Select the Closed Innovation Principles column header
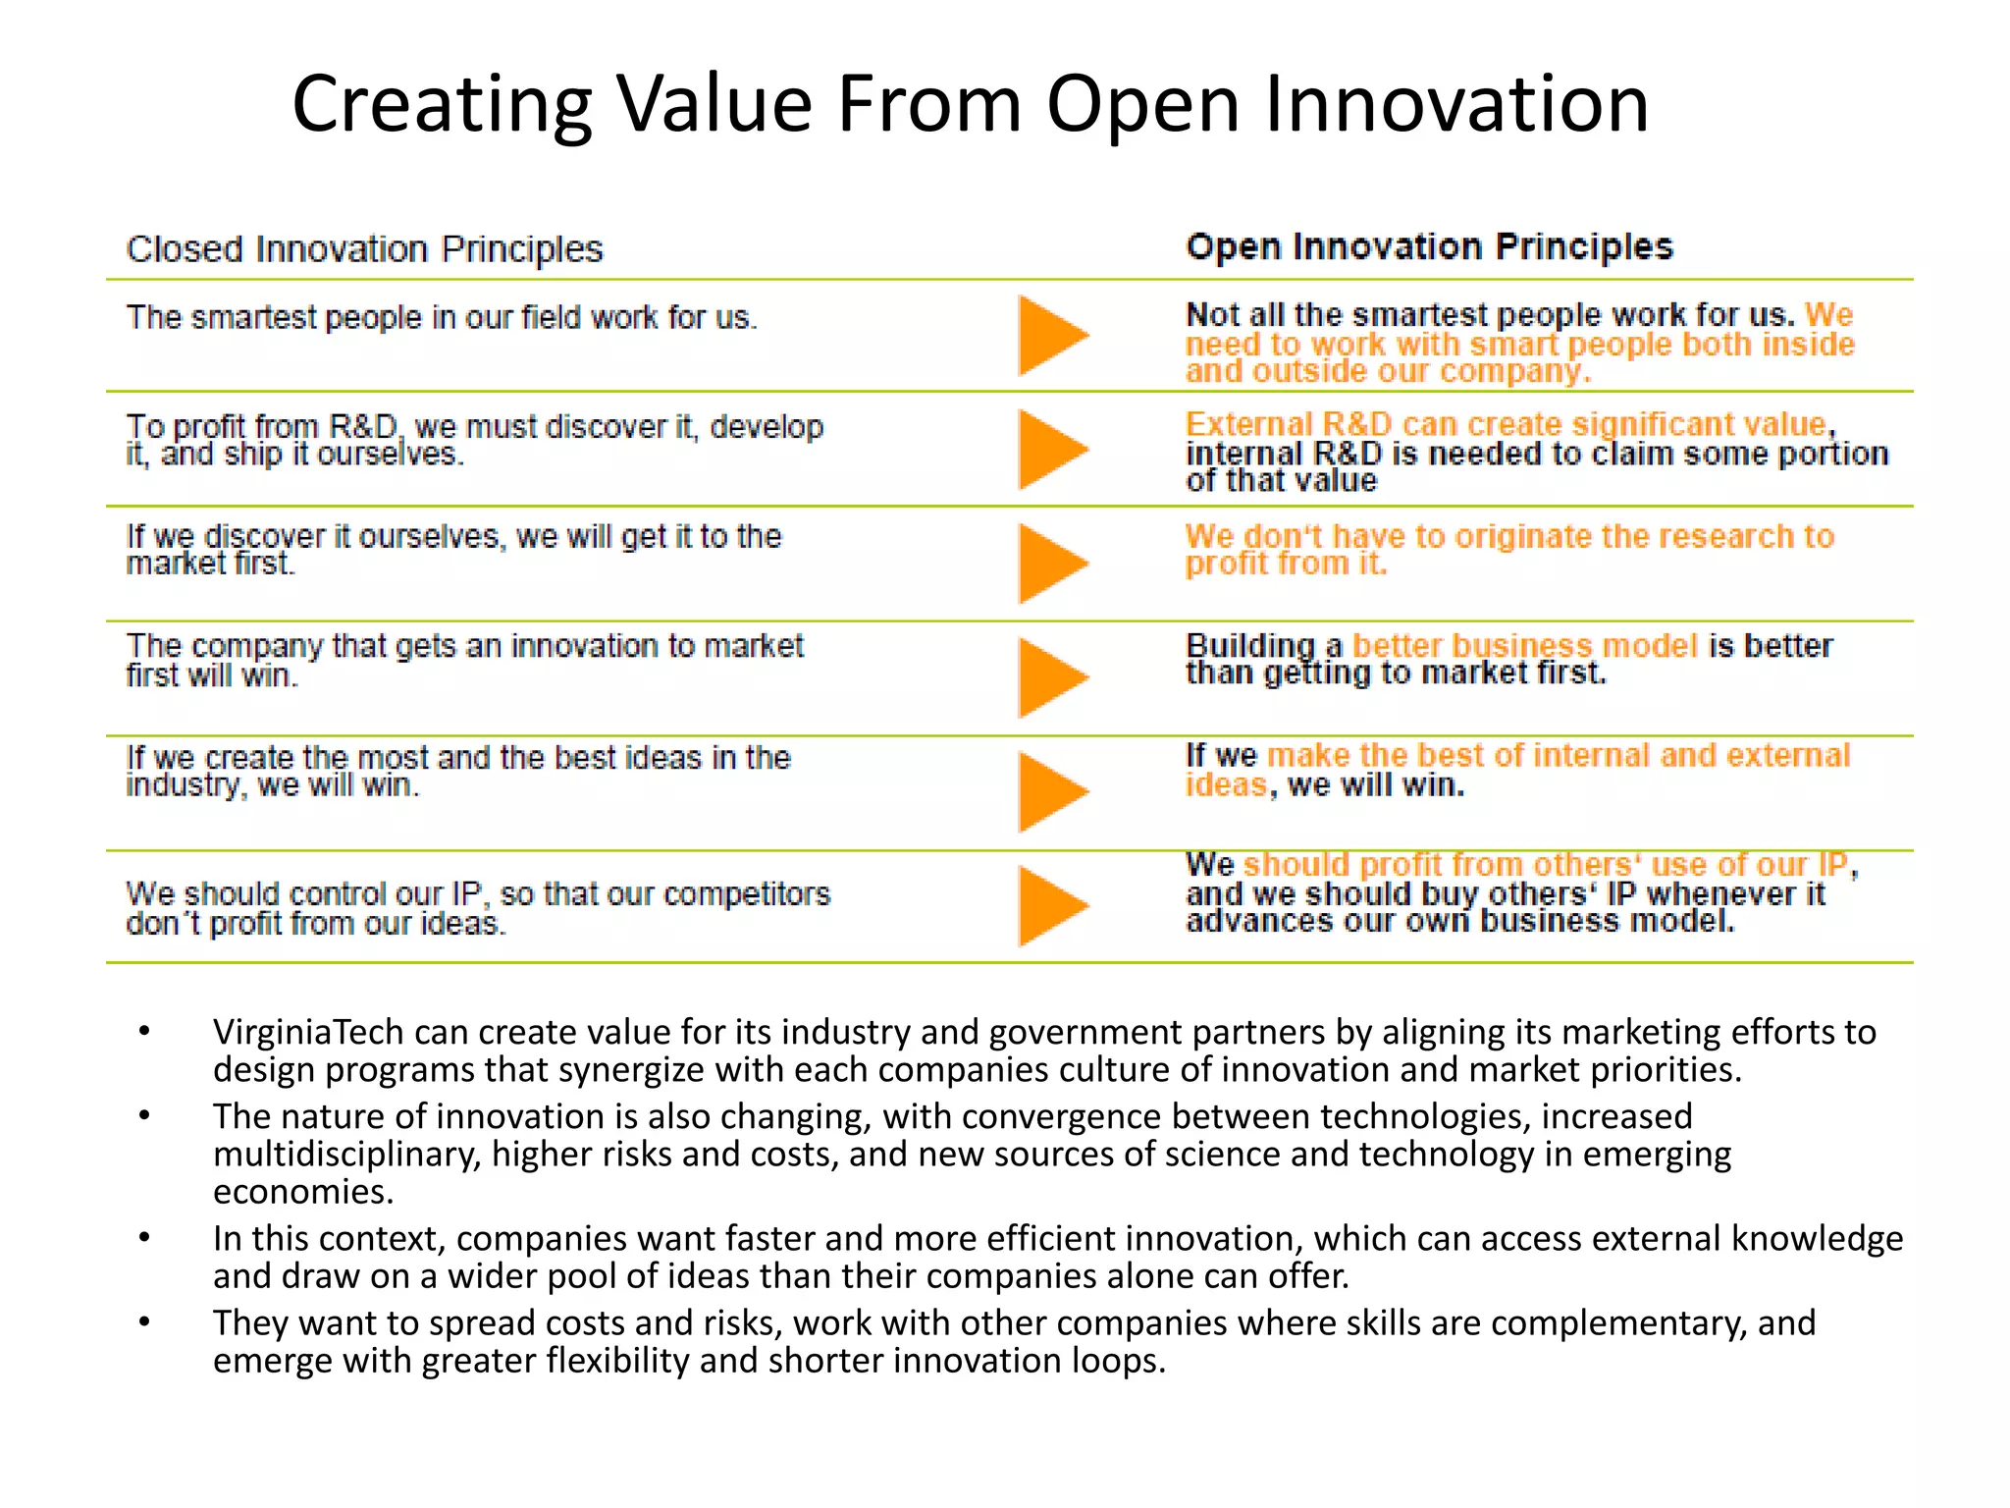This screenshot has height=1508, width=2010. pos(364,249)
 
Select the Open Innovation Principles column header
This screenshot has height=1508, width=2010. pos(1429,246)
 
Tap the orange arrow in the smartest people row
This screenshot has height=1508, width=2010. pos(1050,336)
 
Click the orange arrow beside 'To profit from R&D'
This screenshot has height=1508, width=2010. pos(1050,450)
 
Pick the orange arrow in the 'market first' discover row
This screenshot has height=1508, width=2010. pos(1050,564)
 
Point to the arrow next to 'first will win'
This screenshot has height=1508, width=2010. pos(1050,677)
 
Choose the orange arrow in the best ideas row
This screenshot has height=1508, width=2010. pos(1050,791)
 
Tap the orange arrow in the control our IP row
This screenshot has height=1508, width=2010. pos(1050,905)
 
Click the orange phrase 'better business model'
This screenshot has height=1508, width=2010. pos(1524,646)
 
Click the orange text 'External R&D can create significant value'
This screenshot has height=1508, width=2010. pos(1506,424)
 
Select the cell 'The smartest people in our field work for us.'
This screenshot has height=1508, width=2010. pos(442,318)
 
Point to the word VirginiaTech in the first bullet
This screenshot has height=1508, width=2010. pos(308,1033)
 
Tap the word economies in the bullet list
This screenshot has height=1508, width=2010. pos(302,1192)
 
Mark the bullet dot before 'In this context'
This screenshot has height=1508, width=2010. pos(144,1238)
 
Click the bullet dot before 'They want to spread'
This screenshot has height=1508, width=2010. pos(144,1322)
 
